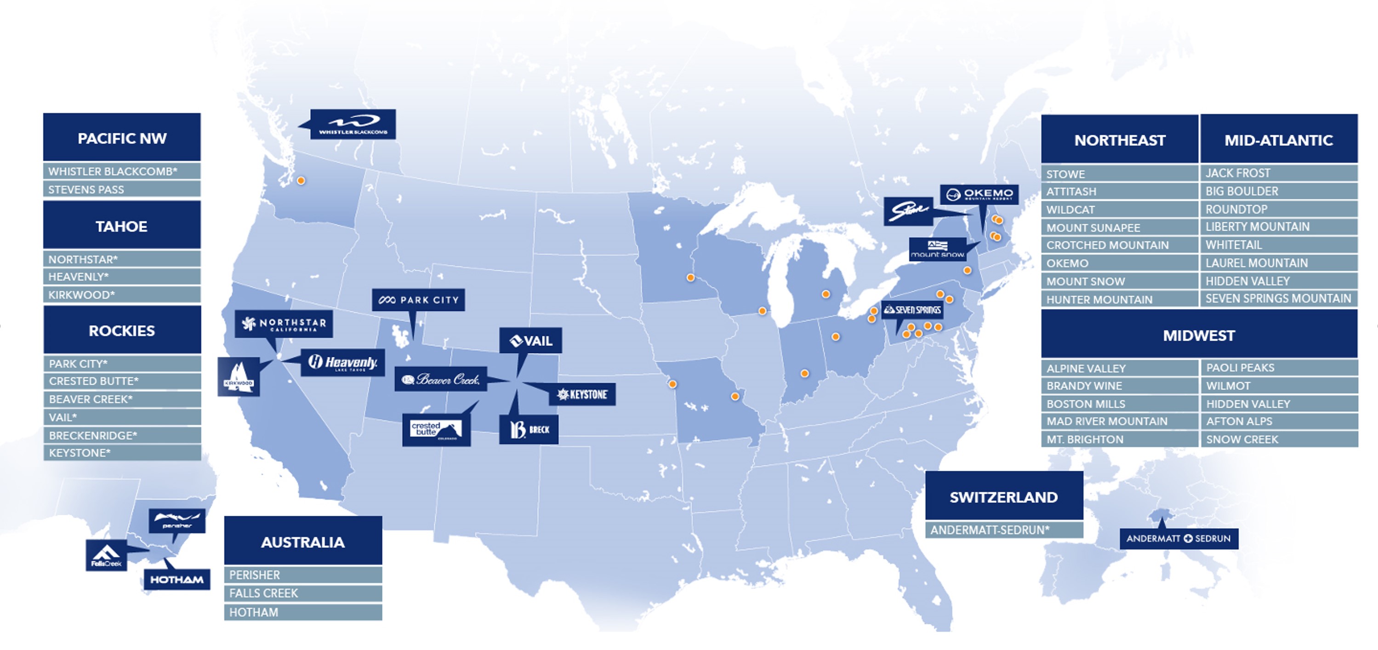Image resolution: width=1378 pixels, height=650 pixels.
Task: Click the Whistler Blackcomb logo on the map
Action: click(353, 124)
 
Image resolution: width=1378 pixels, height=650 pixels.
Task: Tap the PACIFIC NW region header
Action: click(122, 137)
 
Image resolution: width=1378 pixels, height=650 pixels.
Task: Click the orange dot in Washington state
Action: click(301, 181)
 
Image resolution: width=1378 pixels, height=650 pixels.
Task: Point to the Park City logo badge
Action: click(418, 300)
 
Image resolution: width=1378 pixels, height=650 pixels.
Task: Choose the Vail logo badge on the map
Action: click(531, 340)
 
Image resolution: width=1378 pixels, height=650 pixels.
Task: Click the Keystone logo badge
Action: click(582, 394)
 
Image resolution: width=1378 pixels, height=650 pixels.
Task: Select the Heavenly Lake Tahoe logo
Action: click(343, 363)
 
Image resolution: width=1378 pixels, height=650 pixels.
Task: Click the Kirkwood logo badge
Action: click(239, 376)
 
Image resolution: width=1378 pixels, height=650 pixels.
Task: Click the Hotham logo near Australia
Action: click(177, 579)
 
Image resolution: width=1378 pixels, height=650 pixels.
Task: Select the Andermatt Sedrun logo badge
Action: click(1179, 538)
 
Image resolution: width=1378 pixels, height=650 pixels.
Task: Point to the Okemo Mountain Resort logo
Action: click(979, 194)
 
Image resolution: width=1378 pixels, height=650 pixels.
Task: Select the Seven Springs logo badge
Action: click(912, 310)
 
